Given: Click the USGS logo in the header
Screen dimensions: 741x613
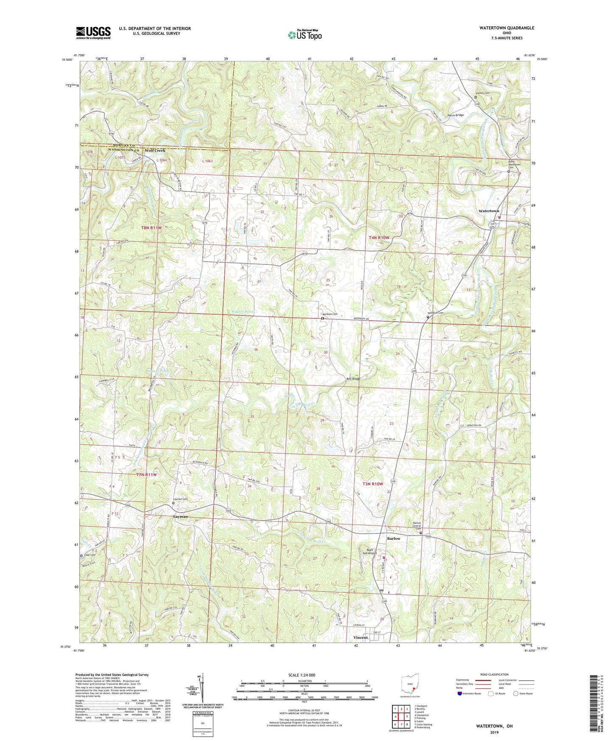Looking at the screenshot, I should click(93, 33).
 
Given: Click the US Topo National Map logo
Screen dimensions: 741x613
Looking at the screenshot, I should click(304, 35).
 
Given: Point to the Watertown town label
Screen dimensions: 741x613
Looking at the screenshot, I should click(489, 211).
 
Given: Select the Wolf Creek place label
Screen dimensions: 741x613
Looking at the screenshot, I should click(155, 151).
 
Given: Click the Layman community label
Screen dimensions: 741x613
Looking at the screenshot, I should click(180, 516).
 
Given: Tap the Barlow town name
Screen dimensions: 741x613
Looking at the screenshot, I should click(393, 539).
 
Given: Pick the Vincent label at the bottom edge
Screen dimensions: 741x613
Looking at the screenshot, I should click(361, 638).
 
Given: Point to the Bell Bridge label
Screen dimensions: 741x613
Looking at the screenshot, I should click(353, 379).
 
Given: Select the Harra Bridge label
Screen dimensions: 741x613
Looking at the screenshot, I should click(456, 115).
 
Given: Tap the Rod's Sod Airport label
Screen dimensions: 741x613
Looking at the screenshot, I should click(369, 551).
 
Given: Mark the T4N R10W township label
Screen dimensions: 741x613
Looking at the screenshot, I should click(379, 238).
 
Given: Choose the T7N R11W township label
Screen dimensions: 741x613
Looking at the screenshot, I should click(146, 474).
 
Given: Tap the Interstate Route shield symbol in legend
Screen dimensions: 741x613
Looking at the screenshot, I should click(460, 693).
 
